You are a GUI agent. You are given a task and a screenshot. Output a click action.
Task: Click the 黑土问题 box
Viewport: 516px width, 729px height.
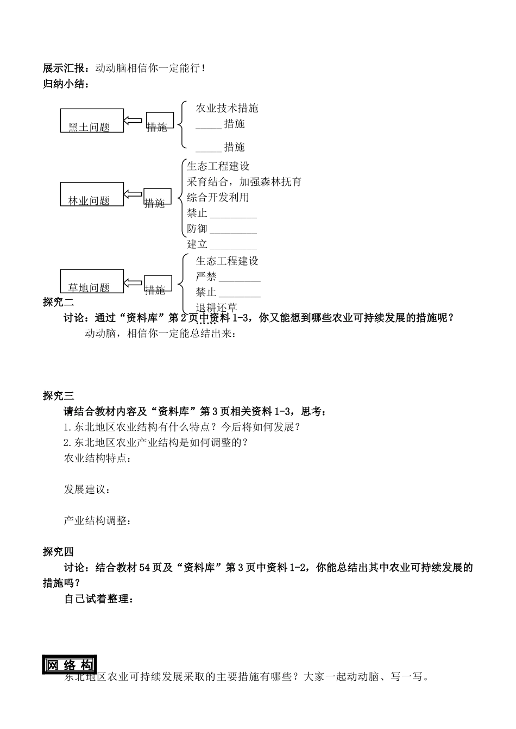pos(92,120)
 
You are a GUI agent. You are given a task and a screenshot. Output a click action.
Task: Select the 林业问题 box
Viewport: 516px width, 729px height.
pos(92,194)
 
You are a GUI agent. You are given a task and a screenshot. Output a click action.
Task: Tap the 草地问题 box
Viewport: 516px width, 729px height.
pos(92,281)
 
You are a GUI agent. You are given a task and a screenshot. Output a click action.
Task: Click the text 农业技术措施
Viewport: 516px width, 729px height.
pos(227,108)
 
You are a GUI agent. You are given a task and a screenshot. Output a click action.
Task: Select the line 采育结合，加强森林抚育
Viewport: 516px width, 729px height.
pos(244,182)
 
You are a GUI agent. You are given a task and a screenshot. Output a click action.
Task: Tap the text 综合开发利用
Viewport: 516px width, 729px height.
pos(218,197)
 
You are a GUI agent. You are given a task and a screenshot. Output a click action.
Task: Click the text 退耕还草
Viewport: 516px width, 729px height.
pos(216,308)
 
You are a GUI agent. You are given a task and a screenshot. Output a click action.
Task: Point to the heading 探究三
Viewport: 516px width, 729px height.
pos(58,395)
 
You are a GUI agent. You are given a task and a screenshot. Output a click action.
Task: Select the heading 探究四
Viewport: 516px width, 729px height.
pos(58,552)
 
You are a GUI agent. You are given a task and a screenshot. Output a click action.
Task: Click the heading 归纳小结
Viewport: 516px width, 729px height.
pos(65,84)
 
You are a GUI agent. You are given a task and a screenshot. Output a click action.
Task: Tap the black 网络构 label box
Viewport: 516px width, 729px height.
pos(69,665)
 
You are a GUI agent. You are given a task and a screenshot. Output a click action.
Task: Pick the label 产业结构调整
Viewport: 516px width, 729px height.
pos(97,521)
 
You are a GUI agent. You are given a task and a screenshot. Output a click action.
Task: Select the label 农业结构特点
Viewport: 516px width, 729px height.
pos(97,458)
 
